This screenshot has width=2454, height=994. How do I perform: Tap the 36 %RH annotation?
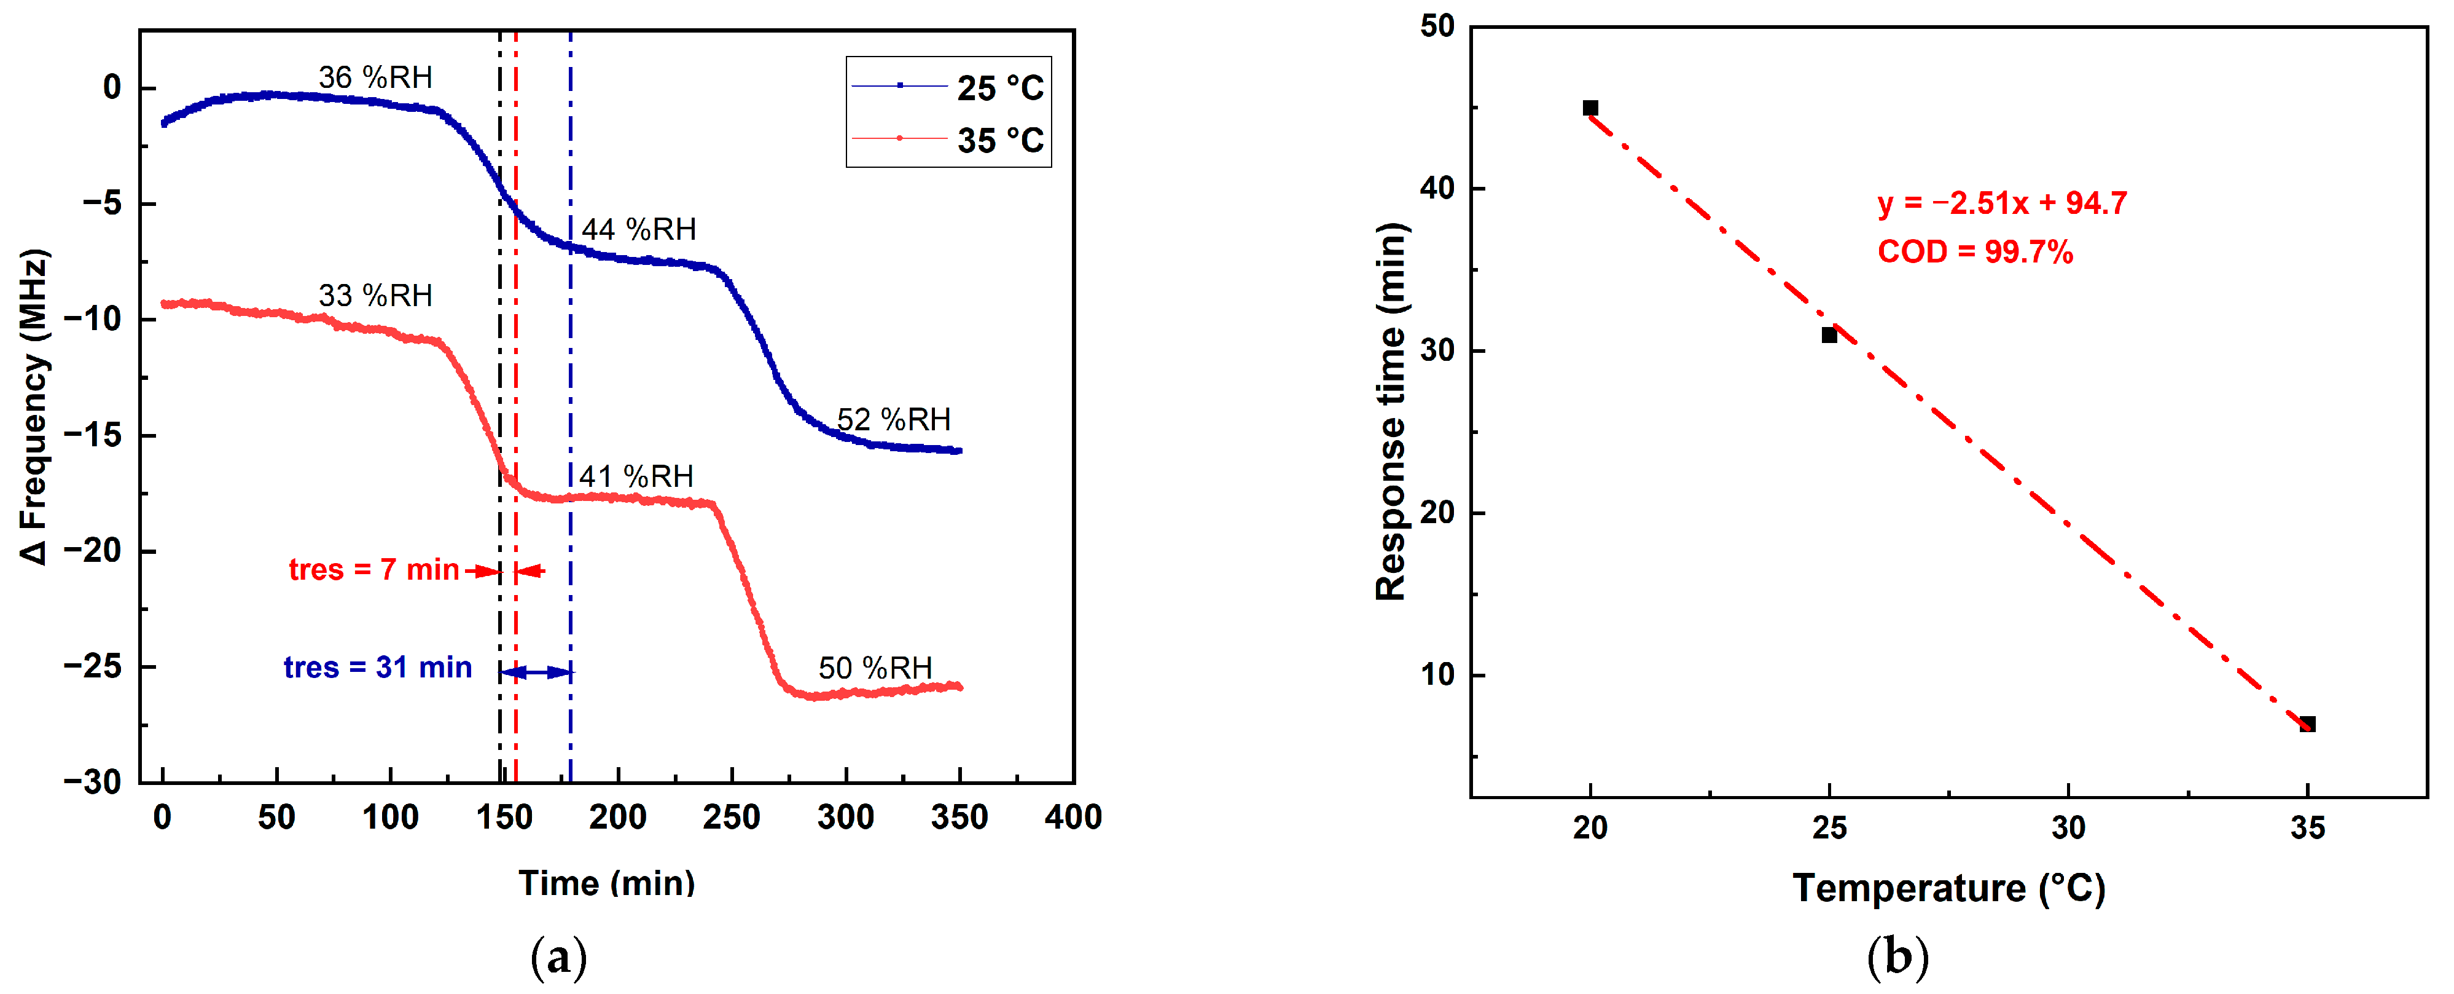tap(375, 77)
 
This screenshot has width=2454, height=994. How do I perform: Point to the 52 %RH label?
tap(894, 419)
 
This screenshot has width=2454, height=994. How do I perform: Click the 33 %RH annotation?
tap(375, 296)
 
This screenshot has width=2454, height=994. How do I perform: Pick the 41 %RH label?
tap(636, 476)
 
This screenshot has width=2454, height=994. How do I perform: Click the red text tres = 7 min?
tap(374, 569)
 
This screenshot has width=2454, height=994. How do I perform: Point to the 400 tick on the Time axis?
tap(1073, 817)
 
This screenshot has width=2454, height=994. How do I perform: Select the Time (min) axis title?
tap(607, 883)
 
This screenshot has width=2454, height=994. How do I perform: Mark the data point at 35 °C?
tap(2307, 724)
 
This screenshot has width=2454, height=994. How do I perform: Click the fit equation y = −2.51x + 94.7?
tap(2001, 203)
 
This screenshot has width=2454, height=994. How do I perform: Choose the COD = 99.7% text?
tap(1975, 251)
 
